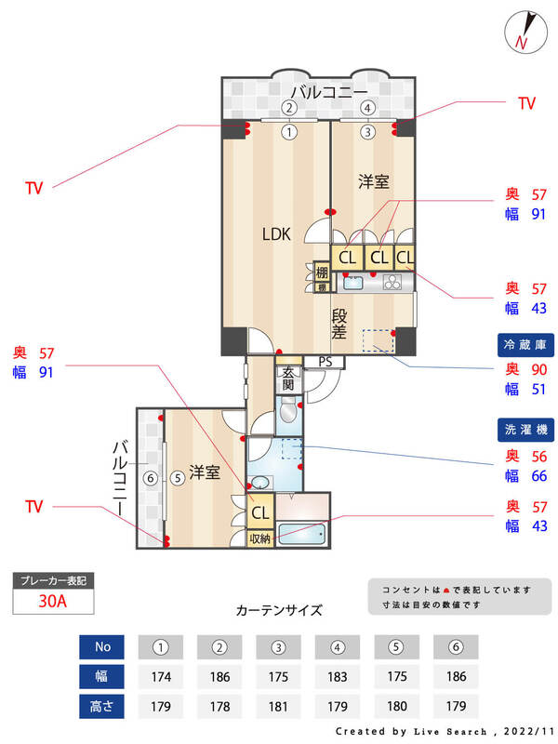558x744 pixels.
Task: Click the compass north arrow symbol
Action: pos(524,32)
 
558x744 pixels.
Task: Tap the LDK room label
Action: pos(275,234)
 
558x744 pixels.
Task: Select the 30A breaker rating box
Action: pos(53,601)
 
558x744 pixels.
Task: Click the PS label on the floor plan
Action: pos(325,362)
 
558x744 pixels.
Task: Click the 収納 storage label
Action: pos(260,538)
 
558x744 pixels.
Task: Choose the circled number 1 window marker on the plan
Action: pos(289,132)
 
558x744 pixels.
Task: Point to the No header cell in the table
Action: pos(102,646)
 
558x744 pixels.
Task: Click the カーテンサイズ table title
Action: pos(279,611)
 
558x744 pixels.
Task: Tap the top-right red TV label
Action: pos(526,103)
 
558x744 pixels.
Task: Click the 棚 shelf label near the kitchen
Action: pos(322,272)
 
